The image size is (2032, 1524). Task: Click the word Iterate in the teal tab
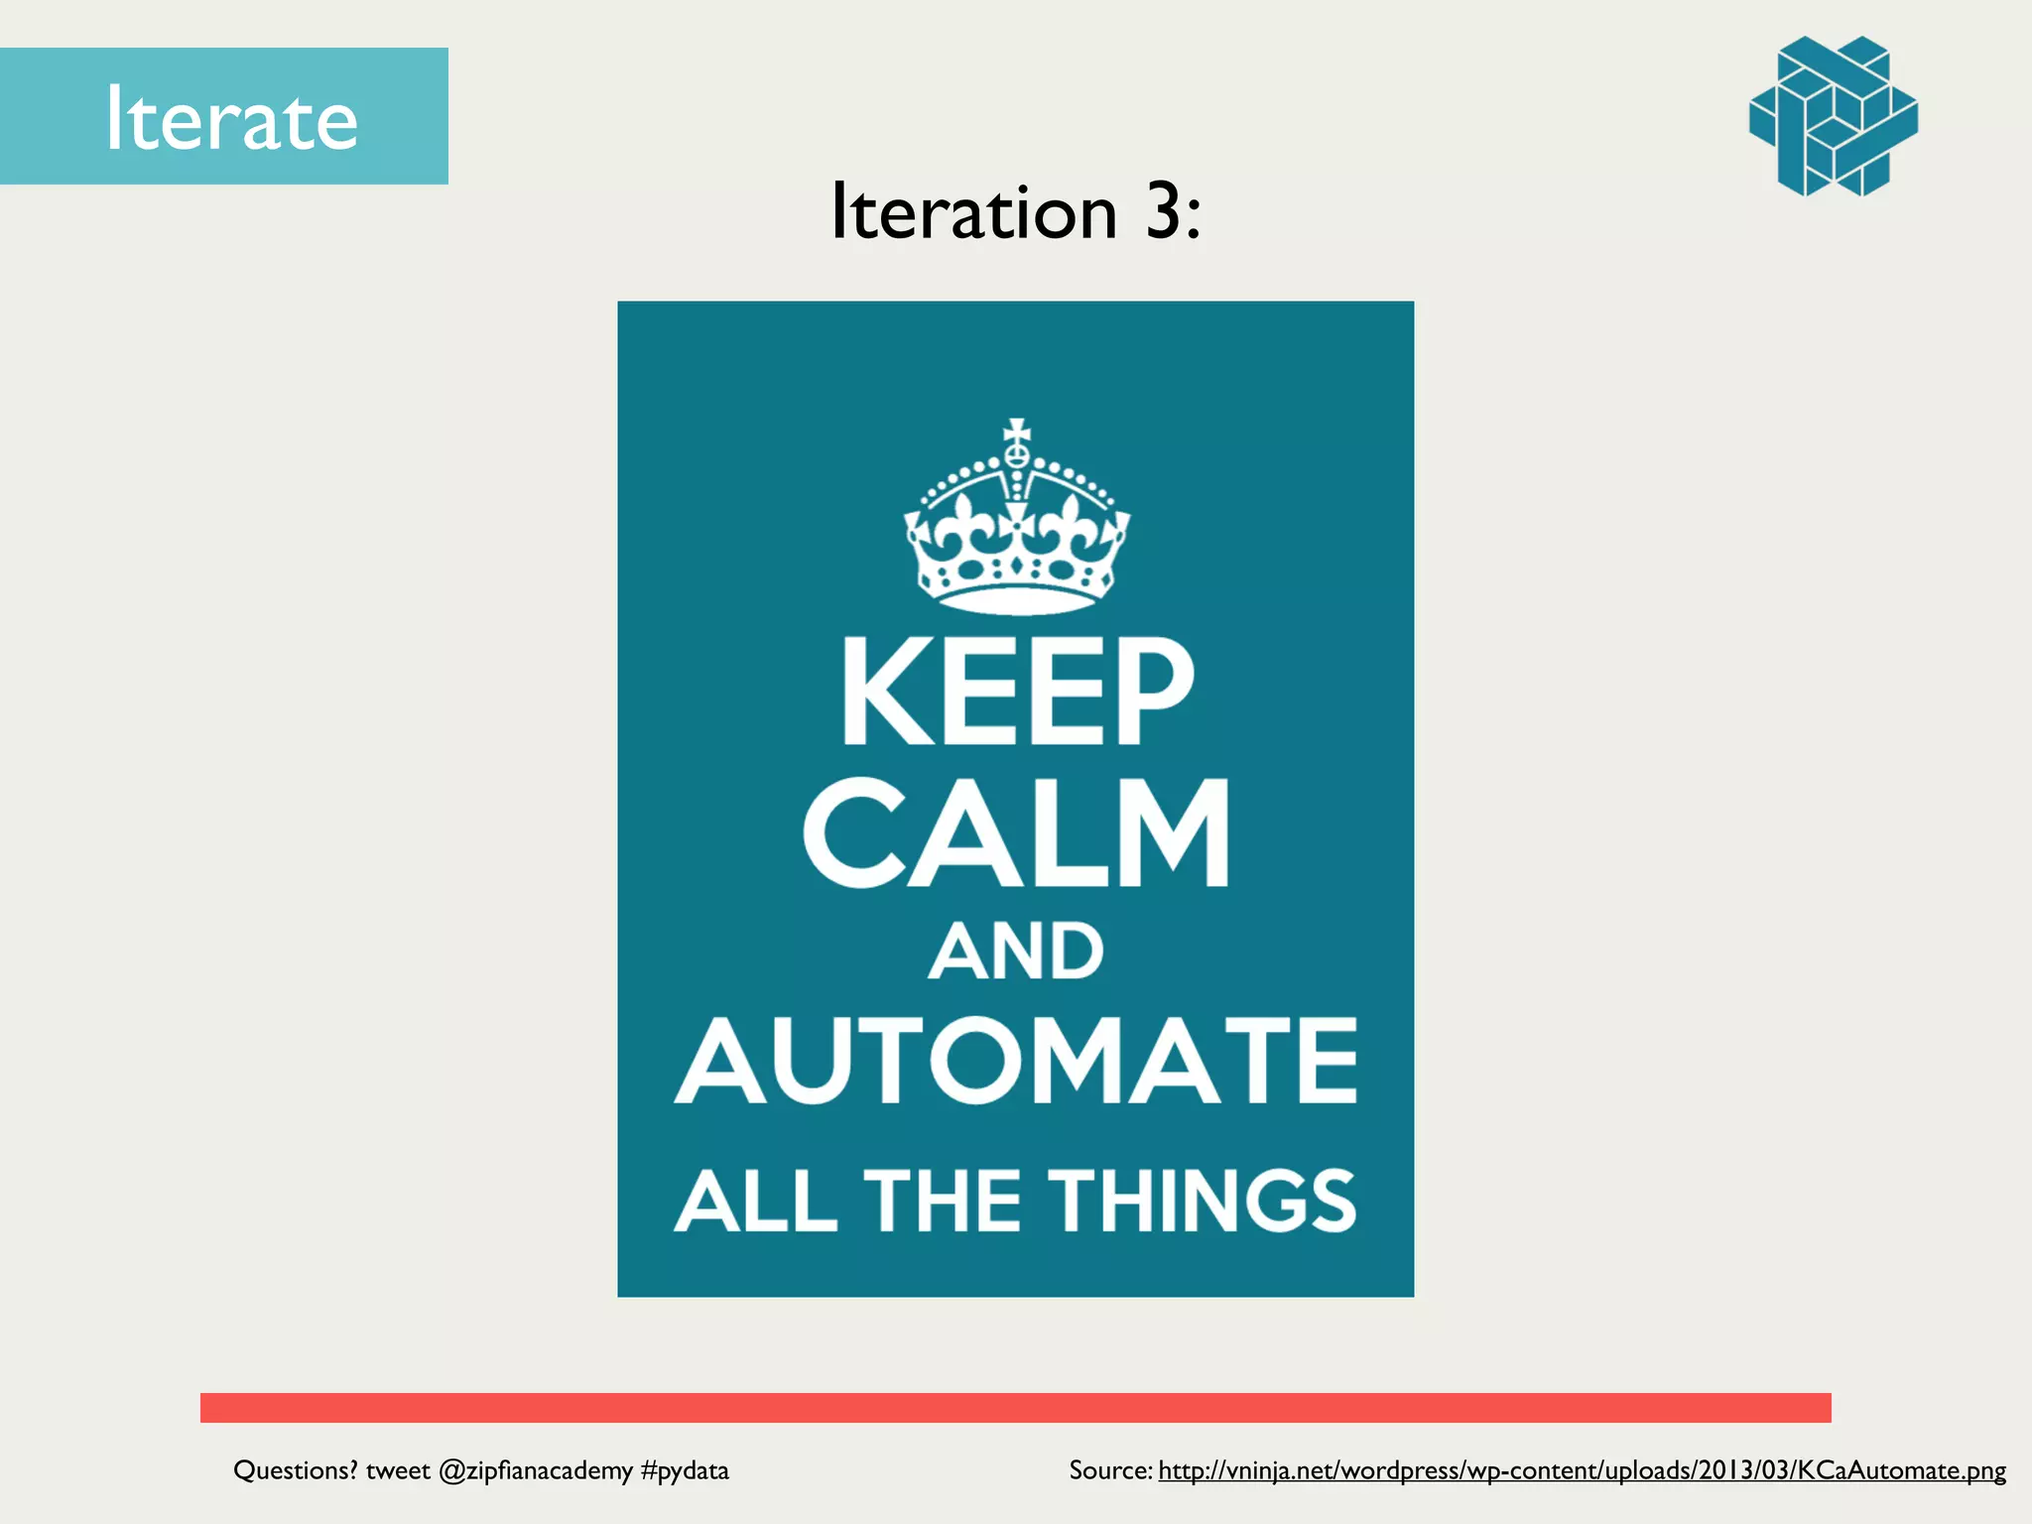pyautogui.click(x=230, y=119)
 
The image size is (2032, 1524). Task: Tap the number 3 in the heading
pyautogui.click(x=1163, y=211)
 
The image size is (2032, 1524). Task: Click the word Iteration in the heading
pyautogui.click(x=974, y=211)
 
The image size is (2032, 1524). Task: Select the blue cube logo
pyautogui.click(x=1833, y=116)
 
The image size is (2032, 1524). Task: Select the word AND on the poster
pyautogui.click(x=1016, y=952)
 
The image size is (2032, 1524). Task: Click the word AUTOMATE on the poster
pyautogui.click(x=1016, y=1061)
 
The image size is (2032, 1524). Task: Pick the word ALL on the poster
pyautogui.click(x=756, y=1201)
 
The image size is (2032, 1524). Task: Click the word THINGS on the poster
pyautogui.click(x=1203, y=1201)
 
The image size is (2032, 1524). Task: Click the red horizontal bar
pyautogui.click(x=1016, y=1407)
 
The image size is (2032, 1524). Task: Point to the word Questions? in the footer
pyautogui.click(x=295, y=1470)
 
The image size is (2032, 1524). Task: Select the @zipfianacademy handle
pyautogui.click(x=535, y=1470)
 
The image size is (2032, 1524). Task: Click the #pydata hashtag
pyautogui.click(x=685, y=1470)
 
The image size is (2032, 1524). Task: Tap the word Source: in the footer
pyautogui.click(x=1110, y=1470)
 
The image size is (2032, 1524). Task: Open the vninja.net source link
pyautogui.click(x=1582, y=1470)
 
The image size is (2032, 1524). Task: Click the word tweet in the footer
pyautogui.click(x=398, y=1470)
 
